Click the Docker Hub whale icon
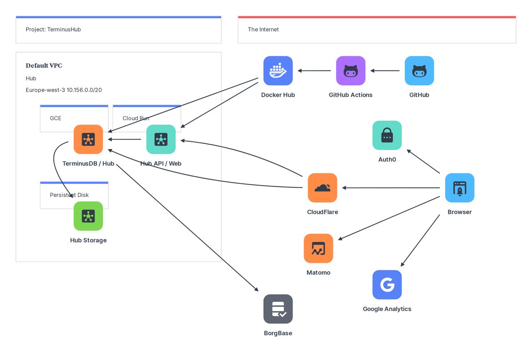pyautogui.click(x=278, y=70)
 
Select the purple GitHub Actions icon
pyautogui.click(x=351, y=70)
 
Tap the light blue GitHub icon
pyautogui.click(x=419, y=70)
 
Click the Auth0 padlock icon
pyautogui.click(x=387, y=135)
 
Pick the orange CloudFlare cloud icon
pyautogui.click(x=322, y=188)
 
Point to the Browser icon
pyautogui.click(x=460, y=188)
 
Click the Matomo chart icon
pyautogui.click(x=318, y=249)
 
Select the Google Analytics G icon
pyautogui.click(x=387, y=285)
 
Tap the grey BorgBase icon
pyautogui.click(x=278, y=309)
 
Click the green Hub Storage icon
pyautogui.click(x=88, y=216)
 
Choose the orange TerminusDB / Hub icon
pyautogui.click(x=88, y=139)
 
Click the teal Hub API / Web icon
pyautogui.click(x=161, y=139)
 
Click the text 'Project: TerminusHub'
pyautogui.click(x=53, y=30)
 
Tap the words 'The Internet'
pyautogui.click(x=263, y=30)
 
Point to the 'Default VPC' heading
pyautogui.click(x=44, y=66)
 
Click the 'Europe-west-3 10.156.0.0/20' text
pyautogui.click(x=64, y=90)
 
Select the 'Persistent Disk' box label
pyautogui.click(x=69, y=195)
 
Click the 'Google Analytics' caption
pyautogui.click(x=387, y=309)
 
